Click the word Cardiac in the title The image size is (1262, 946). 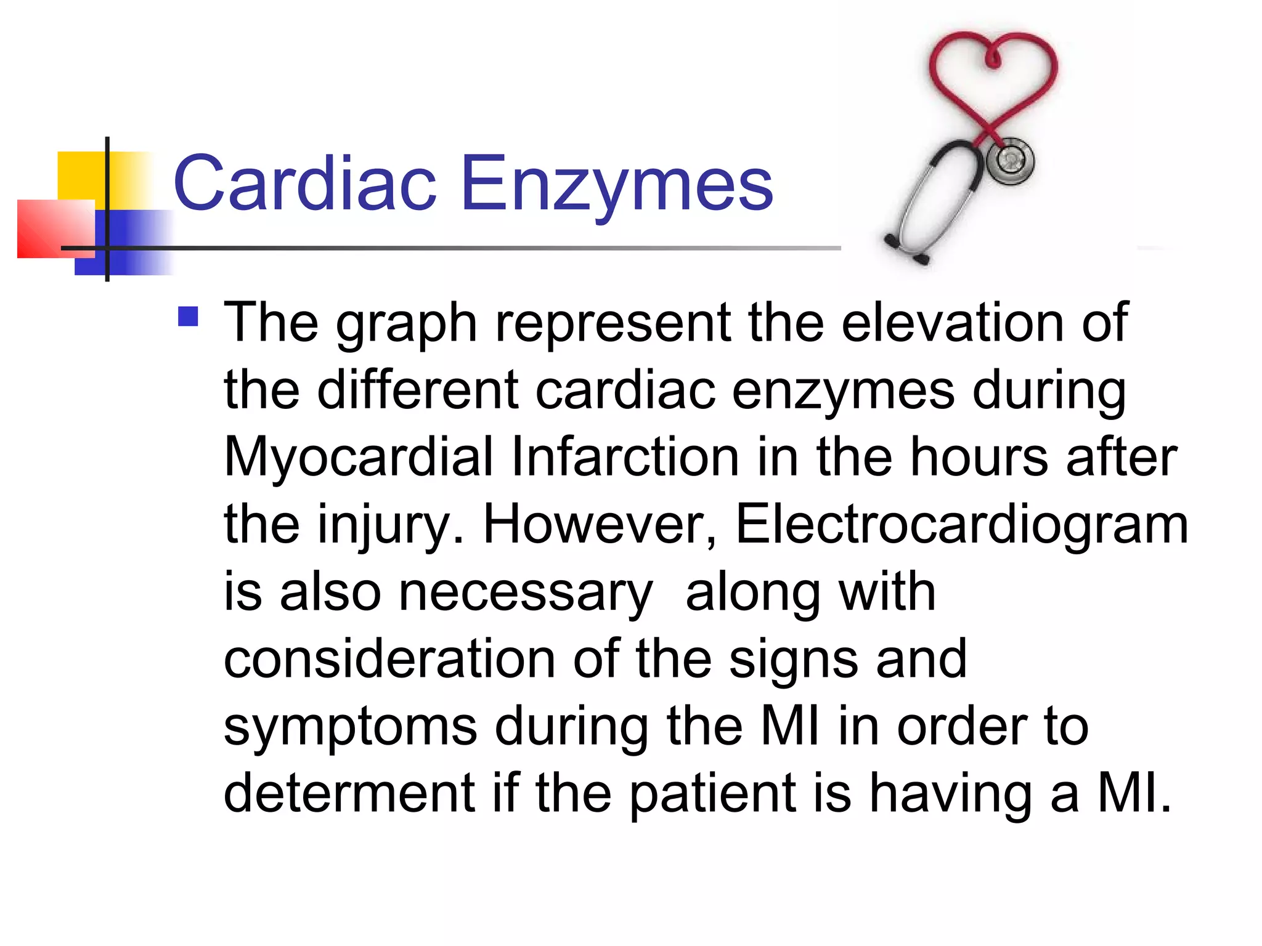tap(305, 184)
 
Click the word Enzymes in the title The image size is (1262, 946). tap(616, 184)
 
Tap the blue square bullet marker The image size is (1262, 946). tap(188, 317)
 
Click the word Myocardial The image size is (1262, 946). tap(358, 457)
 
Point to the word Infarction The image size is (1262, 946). tap(625, 457)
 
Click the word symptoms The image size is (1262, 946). tap(350, 727)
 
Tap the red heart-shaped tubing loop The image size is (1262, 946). tap(993, 74)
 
